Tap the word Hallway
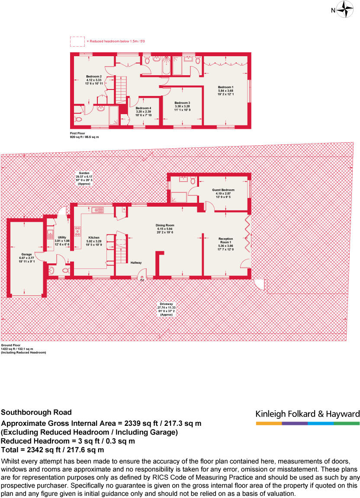click(136, 262)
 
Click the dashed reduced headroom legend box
click(77, 41)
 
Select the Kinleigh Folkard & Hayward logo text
click(308, 414)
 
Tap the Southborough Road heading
click(36, 412)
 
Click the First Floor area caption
click(84, 135)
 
